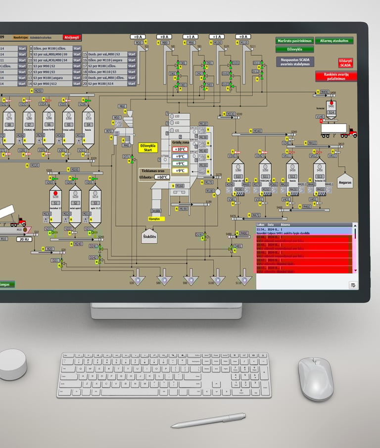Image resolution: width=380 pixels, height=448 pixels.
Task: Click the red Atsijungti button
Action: (x=72, y=37)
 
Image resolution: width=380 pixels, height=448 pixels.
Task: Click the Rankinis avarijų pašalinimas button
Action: (x=336, y=76)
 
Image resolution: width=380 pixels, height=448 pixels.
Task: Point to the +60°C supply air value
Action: (x=162, y=177)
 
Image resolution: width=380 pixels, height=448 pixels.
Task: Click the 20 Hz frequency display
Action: (x=23, y=239)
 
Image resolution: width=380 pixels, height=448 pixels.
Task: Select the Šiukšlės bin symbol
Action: (x=149, y=235)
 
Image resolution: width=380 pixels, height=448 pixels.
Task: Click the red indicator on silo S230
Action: (x=55, y=194)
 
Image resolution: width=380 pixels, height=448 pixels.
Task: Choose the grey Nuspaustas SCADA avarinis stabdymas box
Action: (x=295, y=61)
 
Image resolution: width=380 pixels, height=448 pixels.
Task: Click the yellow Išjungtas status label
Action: (x=155, y=218)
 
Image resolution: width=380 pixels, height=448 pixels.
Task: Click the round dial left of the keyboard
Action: (x=12, y=364)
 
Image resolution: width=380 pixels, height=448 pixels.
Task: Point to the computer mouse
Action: (x=315, y=379)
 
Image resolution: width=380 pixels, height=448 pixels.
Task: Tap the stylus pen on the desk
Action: (x=208, y=420)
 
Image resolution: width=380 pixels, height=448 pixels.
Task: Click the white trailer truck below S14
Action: (x=338, y=130)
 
